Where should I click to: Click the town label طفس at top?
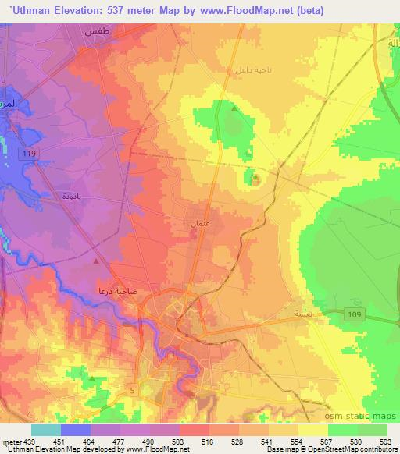[x=97, y=32]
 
